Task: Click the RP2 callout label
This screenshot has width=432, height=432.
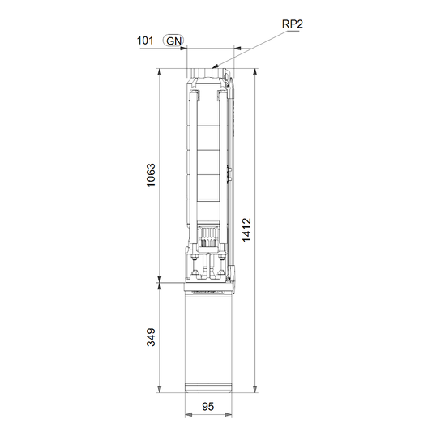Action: click(x=293, y=24)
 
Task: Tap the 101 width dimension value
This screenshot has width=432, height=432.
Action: click(x=145, y=41)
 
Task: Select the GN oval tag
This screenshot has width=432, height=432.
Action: click(x=173, y=41)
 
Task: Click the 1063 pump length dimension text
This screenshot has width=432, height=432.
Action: click(x=151, y=175)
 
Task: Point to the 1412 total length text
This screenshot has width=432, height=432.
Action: click(x=247, y=229)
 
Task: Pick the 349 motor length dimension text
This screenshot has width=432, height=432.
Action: click(x=151, y=337)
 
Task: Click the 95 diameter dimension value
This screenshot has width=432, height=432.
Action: click(x=208, y=406)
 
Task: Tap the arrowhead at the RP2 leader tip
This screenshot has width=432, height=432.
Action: click(x=216, y=66)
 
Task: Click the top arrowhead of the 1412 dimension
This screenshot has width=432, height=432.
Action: click(x=255, y=71)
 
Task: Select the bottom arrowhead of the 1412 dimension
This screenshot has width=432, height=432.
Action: click(x=255, y=389)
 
